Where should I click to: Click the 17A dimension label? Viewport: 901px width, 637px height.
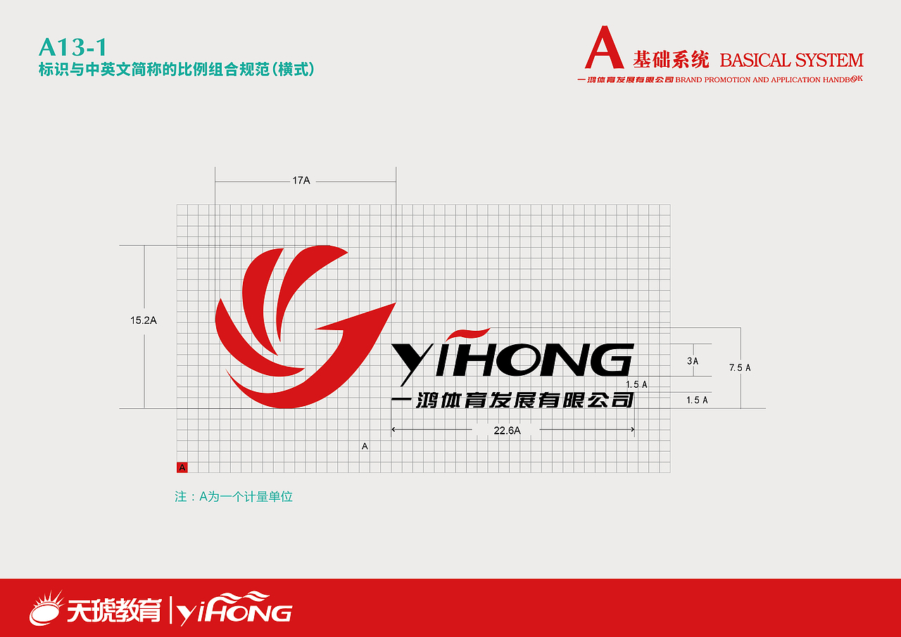pos(301,181)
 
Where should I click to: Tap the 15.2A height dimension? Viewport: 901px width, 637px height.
pos(144,320)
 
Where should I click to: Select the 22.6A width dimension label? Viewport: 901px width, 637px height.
pos(508,431)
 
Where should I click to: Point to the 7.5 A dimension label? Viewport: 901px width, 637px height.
pos(740,367)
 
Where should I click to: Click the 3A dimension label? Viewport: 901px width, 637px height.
pos(693,361)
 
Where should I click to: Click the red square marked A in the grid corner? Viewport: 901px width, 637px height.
pos(182,467)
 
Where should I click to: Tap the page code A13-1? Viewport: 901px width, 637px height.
pos(73,47)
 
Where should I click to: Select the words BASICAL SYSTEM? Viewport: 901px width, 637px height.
pos(792,61)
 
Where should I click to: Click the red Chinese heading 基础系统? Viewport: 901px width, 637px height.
pos(671,60)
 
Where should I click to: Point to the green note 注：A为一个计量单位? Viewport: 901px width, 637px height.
pos(234,497)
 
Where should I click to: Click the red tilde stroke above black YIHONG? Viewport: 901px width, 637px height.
pos(468,334)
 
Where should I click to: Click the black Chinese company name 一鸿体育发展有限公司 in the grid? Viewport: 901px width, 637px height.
pos(512,400)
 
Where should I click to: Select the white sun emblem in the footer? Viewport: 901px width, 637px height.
pos(46,609)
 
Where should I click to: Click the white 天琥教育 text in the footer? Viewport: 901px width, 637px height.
pos(114,610)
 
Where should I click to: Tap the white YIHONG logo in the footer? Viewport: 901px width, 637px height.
pos(234,608)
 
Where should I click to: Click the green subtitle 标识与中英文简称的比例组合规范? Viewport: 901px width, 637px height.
pos(155,70)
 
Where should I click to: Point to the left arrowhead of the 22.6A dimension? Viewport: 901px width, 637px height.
pos(393,429)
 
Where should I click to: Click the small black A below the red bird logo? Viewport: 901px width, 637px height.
pos(365,446)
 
